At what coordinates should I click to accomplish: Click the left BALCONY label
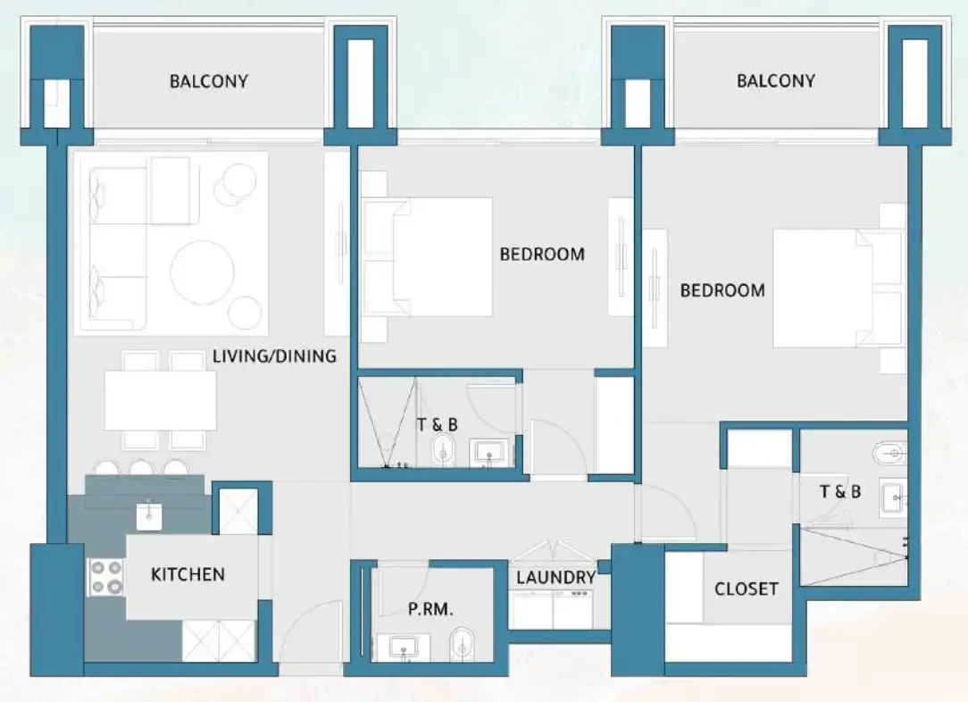208,81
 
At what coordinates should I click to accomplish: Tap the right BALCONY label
775,80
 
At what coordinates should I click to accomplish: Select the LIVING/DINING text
274,356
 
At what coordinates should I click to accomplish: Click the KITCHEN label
188,574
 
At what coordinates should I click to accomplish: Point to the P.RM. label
431,610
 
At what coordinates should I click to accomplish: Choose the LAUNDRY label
555,578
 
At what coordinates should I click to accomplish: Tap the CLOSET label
746,589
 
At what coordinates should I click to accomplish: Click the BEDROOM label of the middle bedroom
542,254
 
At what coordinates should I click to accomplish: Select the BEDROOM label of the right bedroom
722,290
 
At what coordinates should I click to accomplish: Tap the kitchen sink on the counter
149,514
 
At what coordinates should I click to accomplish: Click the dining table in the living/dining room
161,400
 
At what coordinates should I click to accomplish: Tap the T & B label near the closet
840,491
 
